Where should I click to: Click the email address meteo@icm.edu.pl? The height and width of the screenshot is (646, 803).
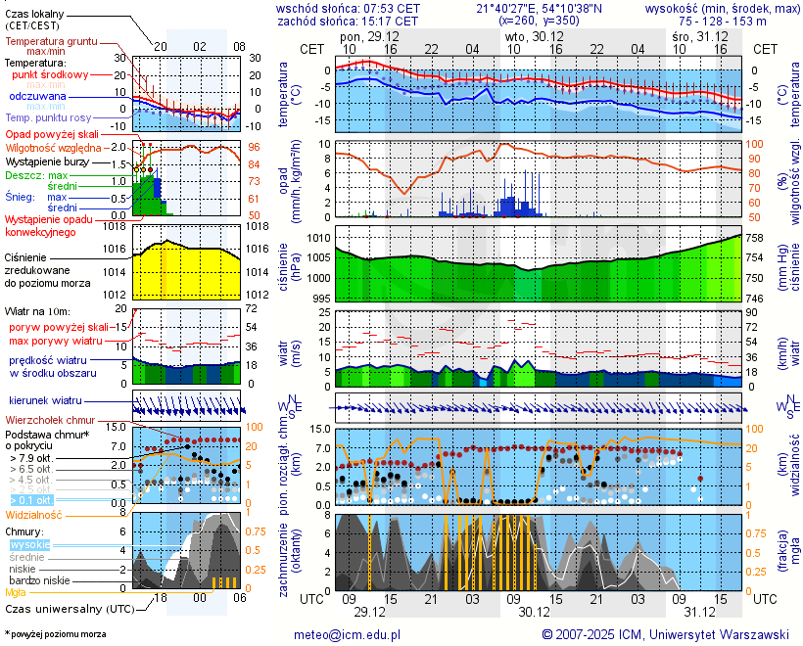click(x=348, y=634)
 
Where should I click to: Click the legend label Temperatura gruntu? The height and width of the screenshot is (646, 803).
click(x=51, y=42)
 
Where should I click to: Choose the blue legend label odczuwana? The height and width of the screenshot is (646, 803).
click(x=37, y=97)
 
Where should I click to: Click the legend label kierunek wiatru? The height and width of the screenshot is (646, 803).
click(x=45, y=401)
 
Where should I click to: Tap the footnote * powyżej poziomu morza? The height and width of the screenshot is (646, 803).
click(x=55, y=634)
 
